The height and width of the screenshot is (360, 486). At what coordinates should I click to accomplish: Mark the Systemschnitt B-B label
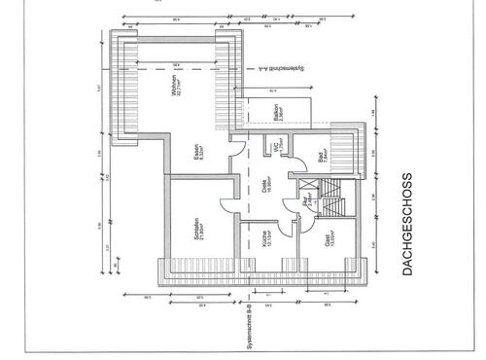251,324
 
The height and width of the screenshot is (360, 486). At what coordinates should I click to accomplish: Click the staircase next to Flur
333,198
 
